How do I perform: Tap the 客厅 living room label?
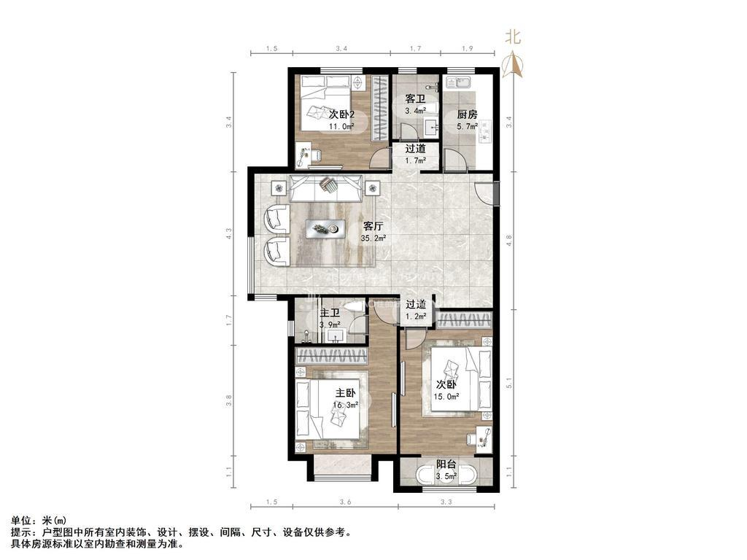373,225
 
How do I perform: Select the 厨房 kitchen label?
468,114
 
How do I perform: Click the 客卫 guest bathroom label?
415,98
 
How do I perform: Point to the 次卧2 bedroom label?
341,114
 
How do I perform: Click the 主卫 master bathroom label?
330,314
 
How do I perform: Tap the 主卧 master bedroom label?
346,393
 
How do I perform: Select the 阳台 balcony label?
446,464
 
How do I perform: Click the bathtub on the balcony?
446,477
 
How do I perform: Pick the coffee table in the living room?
325,229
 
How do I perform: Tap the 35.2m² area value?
373,238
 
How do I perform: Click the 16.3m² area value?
346,405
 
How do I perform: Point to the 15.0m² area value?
447,397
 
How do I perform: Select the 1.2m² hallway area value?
415,316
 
